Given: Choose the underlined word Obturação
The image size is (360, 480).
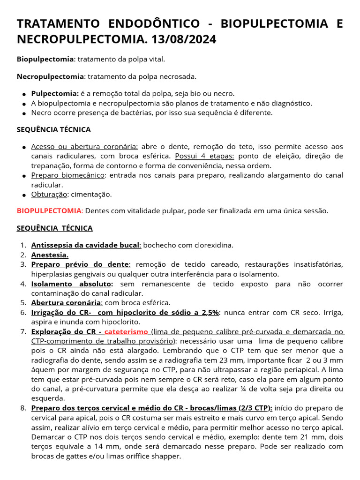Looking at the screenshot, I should (x=49, y=194).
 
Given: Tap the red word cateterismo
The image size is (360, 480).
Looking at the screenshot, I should (x=126, y=331).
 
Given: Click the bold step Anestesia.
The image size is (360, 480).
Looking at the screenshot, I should (x=50, y=255).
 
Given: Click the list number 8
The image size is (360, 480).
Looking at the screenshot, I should (x=23, y=408).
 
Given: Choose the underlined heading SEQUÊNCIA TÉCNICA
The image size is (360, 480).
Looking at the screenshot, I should (x=55, y=228).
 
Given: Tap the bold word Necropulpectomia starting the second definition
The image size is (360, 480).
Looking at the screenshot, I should (x=50, y=76).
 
